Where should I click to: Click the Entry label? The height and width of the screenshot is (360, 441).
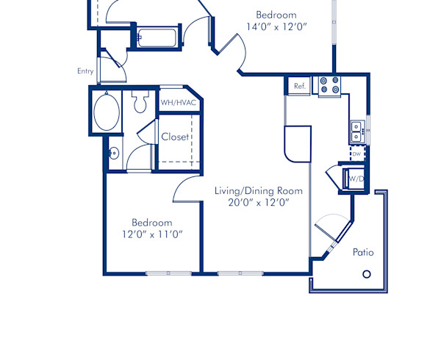(85, 71)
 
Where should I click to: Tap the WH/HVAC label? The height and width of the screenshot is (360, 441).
(179, 103)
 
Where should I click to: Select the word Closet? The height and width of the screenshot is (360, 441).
(175, 137)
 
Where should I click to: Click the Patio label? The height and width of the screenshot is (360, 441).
(363, 252)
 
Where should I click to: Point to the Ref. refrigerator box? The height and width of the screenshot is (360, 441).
(299, 86)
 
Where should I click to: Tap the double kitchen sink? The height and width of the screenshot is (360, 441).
(356, 132)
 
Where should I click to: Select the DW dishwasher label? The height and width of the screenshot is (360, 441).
(356, 154)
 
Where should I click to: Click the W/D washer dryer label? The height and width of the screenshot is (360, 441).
(356, 179)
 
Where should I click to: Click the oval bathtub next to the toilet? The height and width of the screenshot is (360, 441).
(107, 112)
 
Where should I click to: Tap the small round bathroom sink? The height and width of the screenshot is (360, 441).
(113, 154)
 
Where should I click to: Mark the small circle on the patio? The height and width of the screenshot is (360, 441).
(367, 274)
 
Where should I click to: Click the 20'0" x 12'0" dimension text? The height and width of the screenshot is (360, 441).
(258, 203)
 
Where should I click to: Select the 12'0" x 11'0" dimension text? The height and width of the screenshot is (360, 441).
(152, 234)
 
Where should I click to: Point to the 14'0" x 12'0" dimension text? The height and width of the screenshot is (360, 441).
(276, 27)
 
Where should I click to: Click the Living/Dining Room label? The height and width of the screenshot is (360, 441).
(258, 191)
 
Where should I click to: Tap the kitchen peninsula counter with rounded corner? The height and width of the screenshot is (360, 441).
(298, 143)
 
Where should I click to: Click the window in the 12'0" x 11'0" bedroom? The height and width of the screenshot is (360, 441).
(168, 273)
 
